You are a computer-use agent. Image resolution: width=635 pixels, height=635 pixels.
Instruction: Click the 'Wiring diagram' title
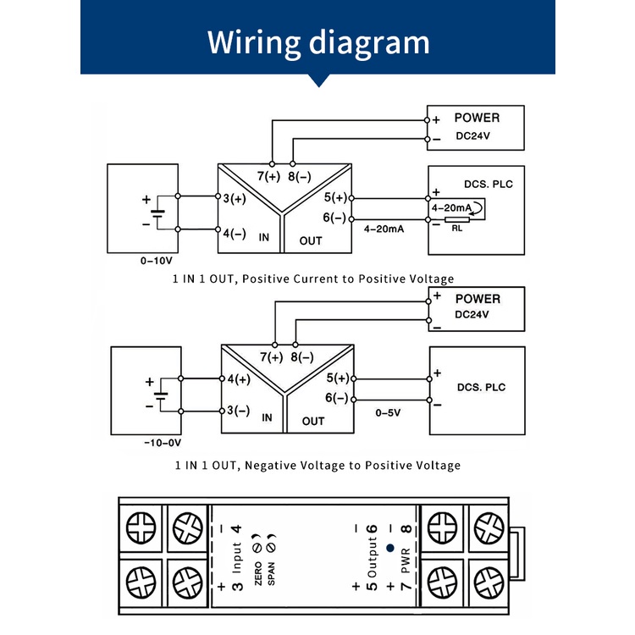click(x=318, y=42)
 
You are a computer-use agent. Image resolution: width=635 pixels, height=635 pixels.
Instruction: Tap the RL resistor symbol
click(x=457, y=219)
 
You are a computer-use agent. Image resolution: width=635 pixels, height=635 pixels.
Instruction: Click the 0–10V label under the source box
click(x=157, y=261)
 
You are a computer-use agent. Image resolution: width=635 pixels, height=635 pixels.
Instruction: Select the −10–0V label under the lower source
click(x=163, y=443)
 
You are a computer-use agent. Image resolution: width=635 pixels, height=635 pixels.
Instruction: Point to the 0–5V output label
click(x=388, y=412)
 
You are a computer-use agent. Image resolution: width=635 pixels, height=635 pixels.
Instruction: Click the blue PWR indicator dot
click(x=390, y=548)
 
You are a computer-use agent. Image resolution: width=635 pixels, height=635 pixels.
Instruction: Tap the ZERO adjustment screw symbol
click(x=257, y=548)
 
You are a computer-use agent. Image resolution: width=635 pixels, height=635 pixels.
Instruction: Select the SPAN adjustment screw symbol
click(x=271, y=548)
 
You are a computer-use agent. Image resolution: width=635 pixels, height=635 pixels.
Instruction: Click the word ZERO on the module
click(x=258, y=573)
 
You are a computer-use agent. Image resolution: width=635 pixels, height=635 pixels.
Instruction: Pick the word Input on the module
click(x=237, y=558)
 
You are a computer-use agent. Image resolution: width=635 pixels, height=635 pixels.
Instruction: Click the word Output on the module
click(x=372, y=557)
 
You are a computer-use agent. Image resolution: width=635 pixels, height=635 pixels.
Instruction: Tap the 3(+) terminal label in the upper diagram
click(x=235, y=198)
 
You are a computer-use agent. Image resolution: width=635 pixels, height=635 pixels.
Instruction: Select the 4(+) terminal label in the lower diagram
click(x=239, y=379)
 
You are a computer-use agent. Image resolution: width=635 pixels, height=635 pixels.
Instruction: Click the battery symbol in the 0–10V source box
click(x=157, y=214)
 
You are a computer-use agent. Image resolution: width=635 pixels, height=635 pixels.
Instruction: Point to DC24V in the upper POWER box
click(x=472, y=136)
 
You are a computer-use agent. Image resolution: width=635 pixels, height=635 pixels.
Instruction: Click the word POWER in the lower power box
click(x=478, y=299)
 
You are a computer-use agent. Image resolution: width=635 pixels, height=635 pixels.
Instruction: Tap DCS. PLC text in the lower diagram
click(x=481, y=387)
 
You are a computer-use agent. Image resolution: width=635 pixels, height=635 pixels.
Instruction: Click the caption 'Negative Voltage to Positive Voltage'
click(x=353, y=466)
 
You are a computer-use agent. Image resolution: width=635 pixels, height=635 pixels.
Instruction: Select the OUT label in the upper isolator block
click(x=311, y=241)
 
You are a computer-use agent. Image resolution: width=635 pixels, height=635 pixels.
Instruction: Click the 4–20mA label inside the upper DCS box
click(x=451, y=208)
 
